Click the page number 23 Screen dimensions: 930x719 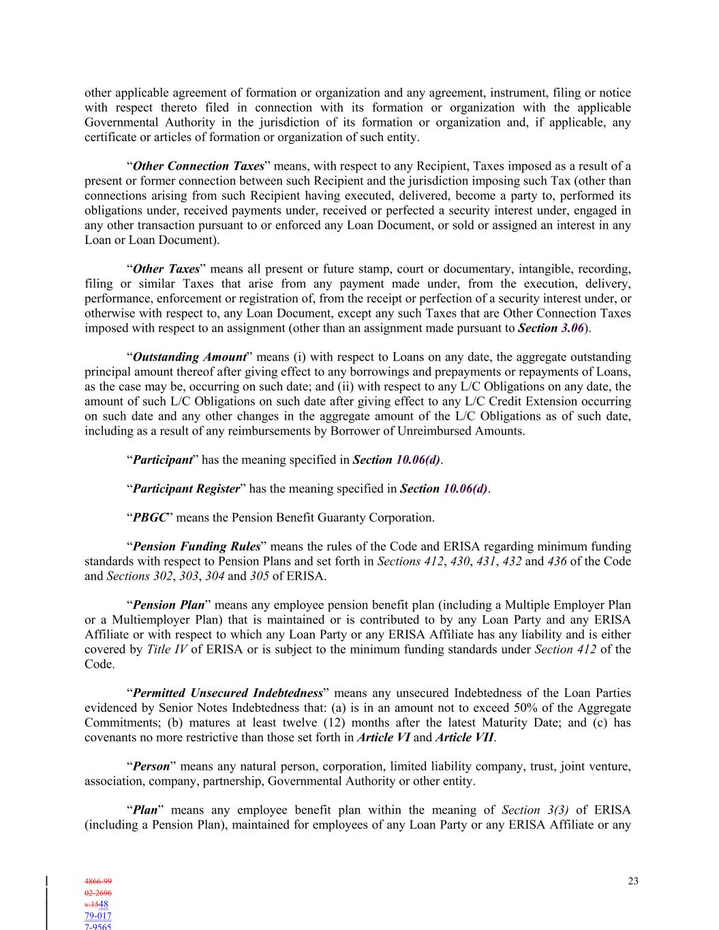633,881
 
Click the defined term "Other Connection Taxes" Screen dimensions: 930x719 198,166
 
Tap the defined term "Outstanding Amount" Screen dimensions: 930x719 189,357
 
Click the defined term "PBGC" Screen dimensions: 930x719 149,518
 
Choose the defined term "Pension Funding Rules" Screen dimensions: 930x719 196,546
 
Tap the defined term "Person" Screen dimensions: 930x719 151,766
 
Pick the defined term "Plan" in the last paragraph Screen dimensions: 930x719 144,810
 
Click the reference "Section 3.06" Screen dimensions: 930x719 551,328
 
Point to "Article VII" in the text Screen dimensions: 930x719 463,738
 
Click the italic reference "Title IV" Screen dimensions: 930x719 166,649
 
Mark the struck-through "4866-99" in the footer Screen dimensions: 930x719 98,881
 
